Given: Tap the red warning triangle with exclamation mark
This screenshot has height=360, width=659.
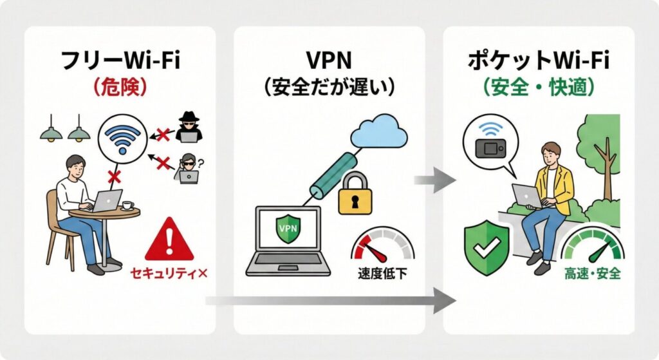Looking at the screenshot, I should (169, 240).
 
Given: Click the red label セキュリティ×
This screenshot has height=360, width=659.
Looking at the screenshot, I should (169, 274).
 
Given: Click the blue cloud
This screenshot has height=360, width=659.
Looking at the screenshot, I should (380, 132).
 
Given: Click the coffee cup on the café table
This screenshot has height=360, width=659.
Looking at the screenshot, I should (127, 205).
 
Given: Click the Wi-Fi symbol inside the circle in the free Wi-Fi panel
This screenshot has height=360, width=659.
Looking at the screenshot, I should (121, 138).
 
